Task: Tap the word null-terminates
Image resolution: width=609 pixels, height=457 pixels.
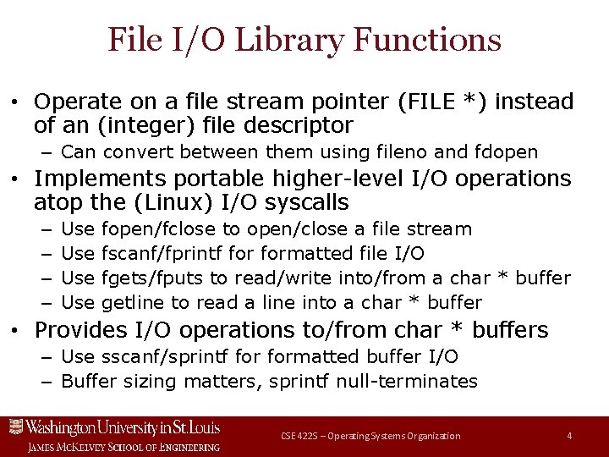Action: click(407, 381)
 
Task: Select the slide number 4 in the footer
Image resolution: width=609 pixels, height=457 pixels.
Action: click(569, 436)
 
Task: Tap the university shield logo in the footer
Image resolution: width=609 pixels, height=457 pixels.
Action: click(14, 427)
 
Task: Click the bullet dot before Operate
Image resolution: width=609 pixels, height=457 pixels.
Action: click(15, 102)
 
